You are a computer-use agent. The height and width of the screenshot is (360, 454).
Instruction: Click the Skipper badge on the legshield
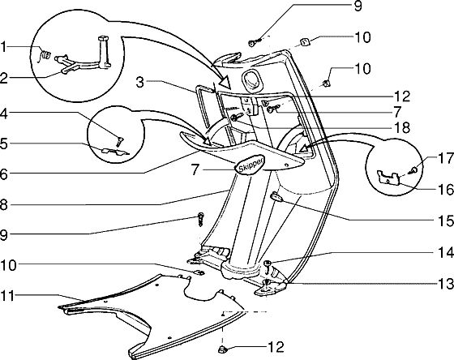tap(250, 165)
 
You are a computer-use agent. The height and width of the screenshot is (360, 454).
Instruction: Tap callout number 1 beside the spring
tap(3, 47)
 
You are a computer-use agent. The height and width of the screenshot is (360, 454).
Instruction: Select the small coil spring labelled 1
tap(45, 55)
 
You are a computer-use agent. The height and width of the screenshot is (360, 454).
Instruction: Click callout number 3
tap(139, 82)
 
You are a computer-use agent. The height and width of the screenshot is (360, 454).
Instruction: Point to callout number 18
tap(402, 127)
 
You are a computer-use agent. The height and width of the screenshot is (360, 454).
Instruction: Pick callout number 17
tap(446, 158)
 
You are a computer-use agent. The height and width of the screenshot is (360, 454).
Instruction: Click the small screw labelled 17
tap(413, 170)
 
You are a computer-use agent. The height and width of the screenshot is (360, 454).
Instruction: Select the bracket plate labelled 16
tap(388, 178)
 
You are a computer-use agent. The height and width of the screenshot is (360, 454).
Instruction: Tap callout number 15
tap(446, 221)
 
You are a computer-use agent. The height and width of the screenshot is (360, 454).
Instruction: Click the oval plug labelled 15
tap(276, 198)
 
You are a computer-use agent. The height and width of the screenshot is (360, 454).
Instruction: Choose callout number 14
tap(446, 252)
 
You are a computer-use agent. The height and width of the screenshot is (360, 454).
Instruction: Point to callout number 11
tap(8, 296)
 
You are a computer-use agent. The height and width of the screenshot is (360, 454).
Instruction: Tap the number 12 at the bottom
tap(276, 347)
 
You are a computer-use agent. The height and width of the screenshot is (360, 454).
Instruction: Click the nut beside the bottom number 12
tap(222, 349)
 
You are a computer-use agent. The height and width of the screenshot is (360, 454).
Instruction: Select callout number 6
tap(3, 174)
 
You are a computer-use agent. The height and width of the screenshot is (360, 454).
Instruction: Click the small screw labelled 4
tap(119, 141)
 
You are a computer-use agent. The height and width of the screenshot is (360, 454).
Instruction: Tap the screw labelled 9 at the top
tap(255, 43)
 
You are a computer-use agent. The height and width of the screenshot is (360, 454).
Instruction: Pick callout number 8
tap(3, 205)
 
